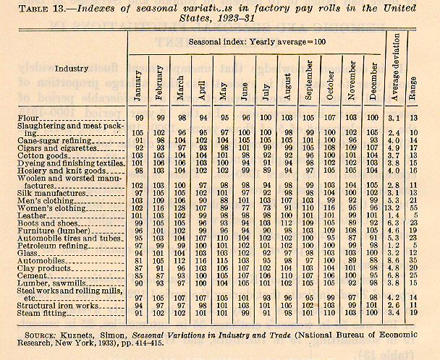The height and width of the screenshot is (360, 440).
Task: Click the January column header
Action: click(137, 80)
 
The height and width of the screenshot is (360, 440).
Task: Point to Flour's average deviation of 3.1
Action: click(394, 116)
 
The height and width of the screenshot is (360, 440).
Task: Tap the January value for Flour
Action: click(137, 116)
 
